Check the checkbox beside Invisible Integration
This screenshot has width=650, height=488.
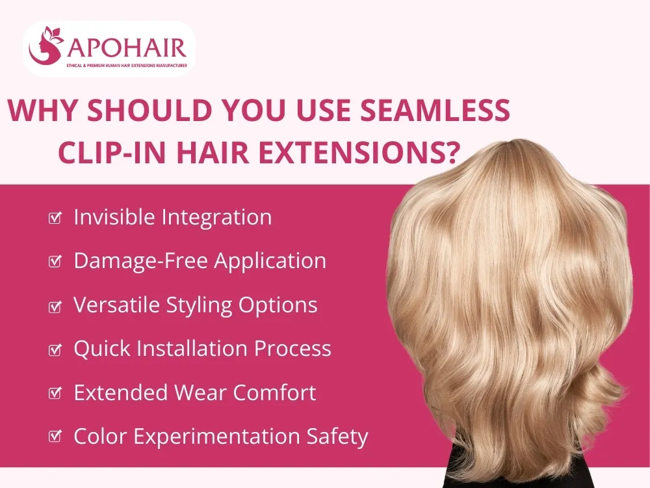coord(55,218)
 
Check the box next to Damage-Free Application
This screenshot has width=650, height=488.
coord(55,262)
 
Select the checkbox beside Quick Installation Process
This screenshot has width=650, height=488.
coord(55,350)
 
